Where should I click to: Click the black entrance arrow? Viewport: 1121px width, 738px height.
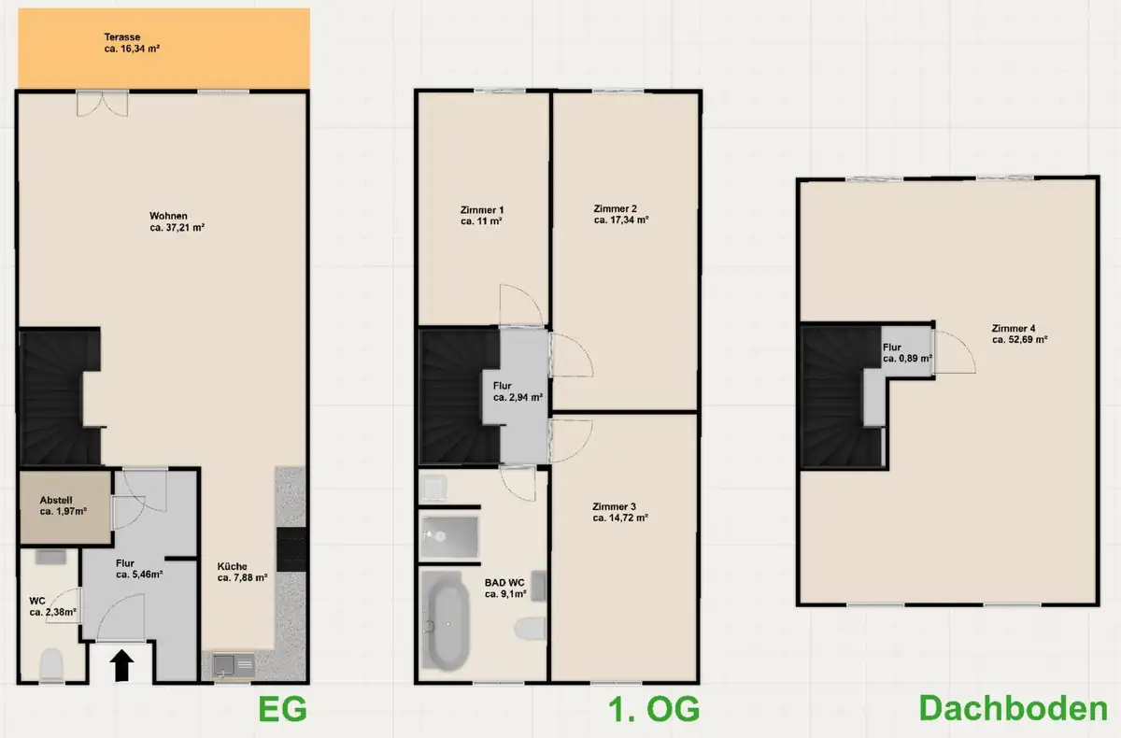click(x=121, y=665)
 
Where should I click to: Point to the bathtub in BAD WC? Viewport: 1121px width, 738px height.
click(x=446, y=621)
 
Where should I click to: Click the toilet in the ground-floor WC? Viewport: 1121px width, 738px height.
click(x=51, y=664)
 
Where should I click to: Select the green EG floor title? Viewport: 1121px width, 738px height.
click(x=282, y=709)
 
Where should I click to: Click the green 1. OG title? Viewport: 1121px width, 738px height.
click(x=654, y=709)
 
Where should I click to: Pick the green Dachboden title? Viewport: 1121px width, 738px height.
click(x=1013, y=708)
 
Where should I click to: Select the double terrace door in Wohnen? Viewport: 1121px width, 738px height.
click(x=102, y=104)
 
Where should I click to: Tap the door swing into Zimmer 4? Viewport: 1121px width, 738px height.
click(x=955, y=352)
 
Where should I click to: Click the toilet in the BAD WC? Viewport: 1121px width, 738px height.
click(x=531, y=629)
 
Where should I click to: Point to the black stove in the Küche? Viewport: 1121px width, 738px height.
click(x=291, y=549)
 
